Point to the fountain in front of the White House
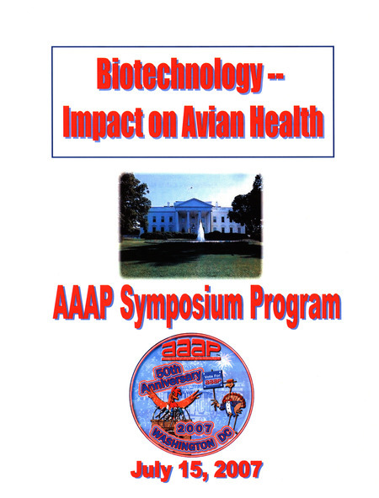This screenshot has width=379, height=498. click(200, 232)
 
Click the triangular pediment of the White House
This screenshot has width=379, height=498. click(194, 203)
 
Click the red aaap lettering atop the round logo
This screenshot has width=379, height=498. click(193, 347)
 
